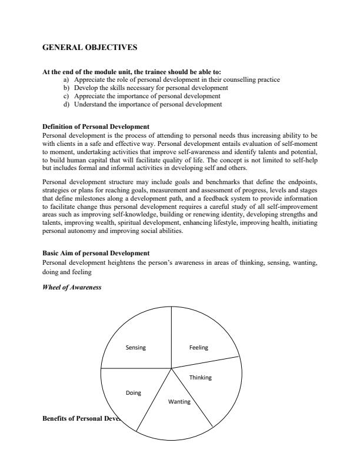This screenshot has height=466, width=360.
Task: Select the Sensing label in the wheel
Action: click(x=135, y=347)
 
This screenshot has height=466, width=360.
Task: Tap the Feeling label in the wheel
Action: click(x=199, y=347)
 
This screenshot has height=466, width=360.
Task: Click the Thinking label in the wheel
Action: click(x=200, y=377)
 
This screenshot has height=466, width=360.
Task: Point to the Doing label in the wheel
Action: click(x=134, y=392)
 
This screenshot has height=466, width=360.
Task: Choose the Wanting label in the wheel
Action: click(x=179, y=401)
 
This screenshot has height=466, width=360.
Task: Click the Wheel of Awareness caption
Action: click(x=72, y=287)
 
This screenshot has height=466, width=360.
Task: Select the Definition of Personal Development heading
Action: click(x=95, y=127)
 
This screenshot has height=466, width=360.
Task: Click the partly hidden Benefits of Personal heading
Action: click(x=79, y=419)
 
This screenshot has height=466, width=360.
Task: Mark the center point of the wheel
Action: click(x=171, y=368)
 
